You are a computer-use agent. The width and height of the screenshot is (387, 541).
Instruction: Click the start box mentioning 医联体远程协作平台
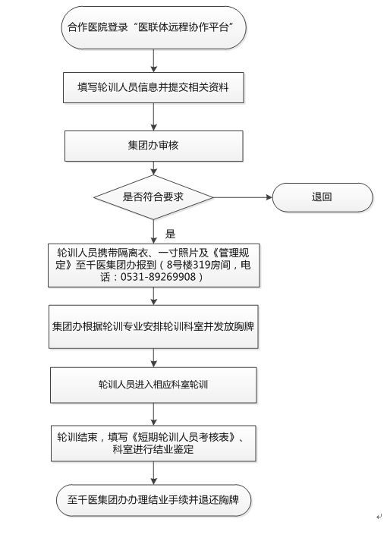(x=153, y=27)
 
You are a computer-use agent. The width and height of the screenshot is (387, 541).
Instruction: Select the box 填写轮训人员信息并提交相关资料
(x=153, y=87)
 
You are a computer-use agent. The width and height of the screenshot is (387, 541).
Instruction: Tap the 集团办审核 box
(x=154, y=146)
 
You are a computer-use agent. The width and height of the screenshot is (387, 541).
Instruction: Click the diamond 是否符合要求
(x=153, y=197)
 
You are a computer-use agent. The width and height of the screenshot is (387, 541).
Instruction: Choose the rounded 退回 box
(x=322, y=197)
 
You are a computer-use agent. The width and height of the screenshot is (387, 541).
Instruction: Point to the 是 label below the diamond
(x=171, y=234)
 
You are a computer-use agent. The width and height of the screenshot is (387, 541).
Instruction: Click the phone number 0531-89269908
(x=158, y=277)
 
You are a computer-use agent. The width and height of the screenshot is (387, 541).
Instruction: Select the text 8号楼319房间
(x=198, y=265)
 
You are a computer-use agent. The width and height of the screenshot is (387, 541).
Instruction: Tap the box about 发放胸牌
(x=153, y=326)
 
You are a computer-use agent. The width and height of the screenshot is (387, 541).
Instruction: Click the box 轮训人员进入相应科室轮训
(x=153, y=385)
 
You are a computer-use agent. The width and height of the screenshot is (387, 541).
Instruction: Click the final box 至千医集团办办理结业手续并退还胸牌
(x=153, y=500)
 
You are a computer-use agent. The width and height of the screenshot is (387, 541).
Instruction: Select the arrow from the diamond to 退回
(x=243, y=197)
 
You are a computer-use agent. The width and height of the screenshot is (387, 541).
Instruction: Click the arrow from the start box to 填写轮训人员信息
(x=154, y=61)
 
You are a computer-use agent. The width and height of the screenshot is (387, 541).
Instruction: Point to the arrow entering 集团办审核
(x=154, y=117)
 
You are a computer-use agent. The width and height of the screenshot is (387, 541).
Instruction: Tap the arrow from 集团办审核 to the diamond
(x=154, y=168)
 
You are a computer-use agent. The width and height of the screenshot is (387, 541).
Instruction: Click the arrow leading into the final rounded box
(x=154, y=473)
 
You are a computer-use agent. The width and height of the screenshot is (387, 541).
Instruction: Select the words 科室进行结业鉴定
(x=153, y=449)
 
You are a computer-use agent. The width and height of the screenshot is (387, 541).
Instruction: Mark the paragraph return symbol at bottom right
(x=379, y=517)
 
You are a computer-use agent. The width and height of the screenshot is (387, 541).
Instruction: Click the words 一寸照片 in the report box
(x=183, y=253)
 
